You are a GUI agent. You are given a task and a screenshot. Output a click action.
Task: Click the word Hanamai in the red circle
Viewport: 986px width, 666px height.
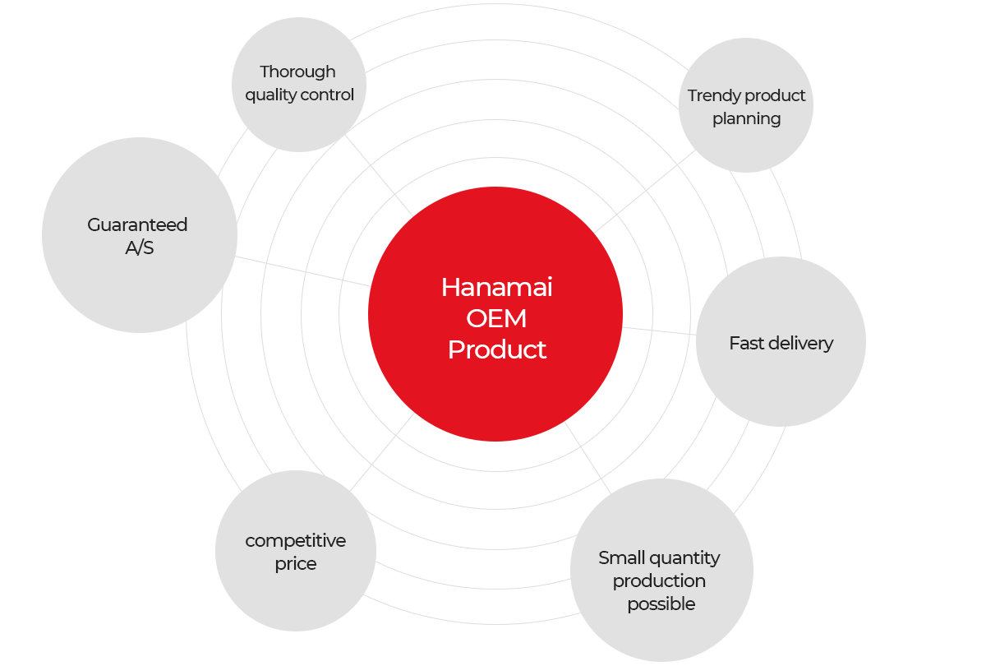point(496,288)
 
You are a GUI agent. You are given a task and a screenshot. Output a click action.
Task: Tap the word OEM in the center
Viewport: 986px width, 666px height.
point(496,318)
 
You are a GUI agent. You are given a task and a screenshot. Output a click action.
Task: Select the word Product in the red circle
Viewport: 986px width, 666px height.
point(497,349)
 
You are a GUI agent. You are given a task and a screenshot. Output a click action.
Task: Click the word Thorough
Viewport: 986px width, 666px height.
point(297,72)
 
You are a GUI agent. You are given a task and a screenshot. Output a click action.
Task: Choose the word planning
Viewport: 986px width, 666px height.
point(747,120)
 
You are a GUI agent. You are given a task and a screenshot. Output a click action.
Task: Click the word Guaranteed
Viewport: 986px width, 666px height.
point(137,225)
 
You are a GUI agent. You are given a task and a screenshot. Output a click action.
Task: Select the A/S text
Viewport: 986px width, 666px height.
point(140,248)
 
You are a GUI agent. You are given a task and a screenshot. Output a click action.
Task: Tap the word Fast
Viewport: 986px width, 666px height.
point(746,343)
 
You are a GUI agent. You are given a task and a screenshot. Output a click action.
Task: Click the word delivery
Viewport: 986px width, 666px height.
point(800,344)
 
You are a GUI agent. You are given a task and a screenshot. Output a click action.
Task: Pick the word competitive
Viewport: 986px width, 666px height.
point(295,541)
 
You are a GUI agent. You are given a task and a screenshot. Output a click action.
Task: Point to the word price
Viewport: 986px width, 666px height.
point(296,565)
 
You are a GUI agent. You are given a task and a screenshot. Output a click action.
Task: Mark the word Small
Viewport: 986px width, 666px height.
point(620,558)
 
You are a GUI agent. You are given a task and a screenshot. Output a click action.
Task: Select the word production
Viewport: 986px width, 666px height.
point(659,582)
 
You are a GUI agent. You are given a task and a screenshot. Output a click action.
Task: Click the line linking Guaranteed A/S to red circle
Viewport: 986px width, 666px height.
point(302,271)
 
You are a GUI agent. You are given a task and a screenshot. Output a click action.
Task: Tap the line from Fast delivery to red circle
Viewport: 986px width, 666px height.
point(659,331)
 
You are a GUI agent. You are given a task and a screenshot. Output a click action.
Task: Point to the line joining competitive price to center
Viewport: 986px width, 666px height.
point(381,452)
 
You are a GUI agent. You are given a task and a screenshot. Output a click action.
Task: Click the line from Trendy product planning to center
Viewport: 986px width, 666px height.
point(645,191)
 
